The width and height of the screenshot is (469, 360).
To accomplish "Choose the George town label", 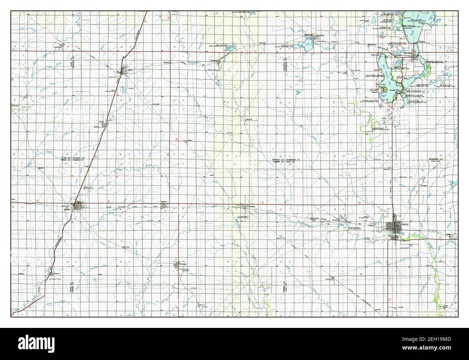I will click(x=16, y=106).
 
